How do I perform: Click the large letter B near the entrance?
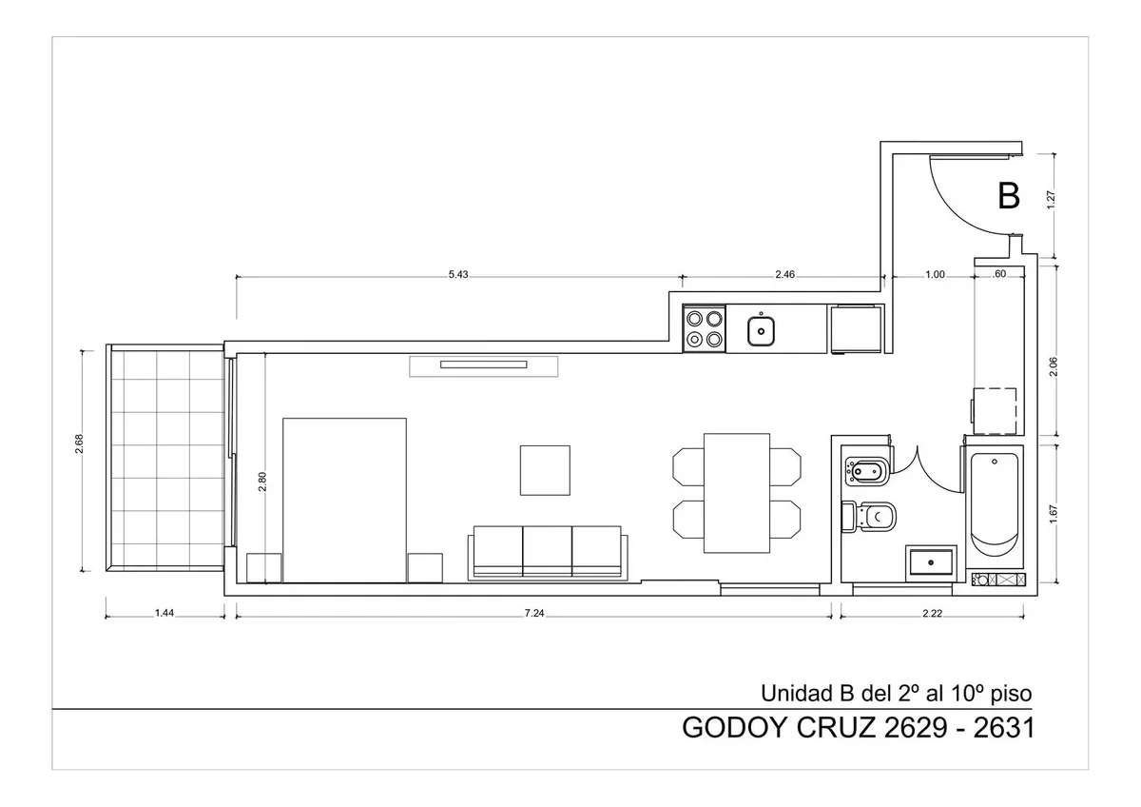click(1009, 196)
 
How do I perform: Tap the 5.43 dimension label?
click(458, 274)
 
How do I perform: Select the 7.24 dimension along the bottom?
click(534, 613)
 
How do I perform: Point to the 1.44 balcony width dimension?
click(164, 613)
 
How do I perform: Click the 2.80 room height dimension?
click(261, 482)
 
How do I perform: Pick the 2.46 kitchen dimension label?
click(785, 274)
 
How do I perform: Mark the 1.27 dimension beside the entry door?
click(1051, 199)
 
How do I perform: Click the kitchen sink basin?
click(761, 331)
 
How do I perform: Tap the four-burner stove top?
click(704, 329)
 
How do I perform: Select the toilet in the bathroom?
click(868, 518)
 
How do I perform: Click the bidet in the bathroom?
click(866, 471)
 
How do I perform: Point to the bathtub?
click(995, 506)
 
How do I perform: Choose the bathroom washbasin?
click(931, 562)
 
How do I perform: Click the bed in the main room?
click(344, 501)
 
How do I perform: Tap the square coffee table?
click(545, 470)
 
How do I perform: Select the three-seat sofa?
click(548, 553)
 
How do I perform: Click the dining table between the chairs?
click(737, 493)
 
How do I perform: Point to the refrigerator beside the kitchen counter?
click(857, 329)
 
